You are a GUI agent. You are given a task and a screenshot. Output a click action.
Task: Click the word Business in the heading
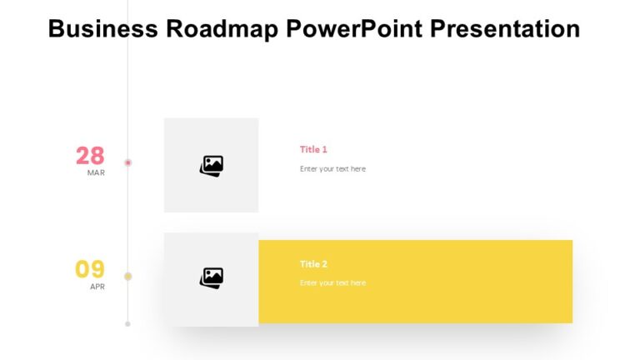click(103, 29)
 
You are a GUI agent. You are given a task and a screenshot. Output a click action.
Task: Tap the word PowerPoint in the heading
click(354, 29)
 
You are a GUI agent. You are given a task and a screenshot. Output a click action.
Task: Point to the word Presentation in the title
click(506, 29)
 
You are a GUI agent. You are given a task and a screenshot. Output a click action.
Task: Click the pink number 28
click(90, 156)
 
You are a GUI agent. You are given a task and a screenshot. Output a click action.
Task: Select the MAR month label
click(96, 173)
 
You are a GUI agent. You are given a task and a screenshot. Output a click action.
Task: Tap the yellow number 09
click(90, 269)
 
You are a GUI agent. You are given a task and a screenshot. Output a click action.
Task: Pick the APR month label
click(97, 287)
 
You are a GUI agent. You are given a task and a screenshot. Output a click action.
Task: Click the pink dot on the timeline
click(127, 162)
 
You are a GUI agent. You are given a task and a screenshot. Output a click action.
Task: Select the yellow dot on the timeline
click(127, 276)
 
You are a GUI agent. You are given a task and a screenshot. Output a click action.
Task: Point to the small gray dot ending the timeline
click(127, 323)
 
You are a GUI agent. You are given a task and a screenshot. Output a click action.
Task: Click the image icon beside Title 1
click(212, 166)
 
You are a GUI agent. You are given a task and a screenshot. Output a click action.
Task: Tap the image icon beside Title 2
click(212, 277)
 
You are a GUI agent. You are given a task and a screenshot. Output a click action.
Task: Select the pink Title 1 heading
click(313, 150)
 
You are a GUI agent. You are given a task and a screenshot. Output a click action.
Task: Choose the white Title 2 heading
click(313, 264)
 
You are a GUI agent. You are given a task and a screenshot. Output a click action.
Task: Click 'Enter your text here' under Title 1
click(332, 169)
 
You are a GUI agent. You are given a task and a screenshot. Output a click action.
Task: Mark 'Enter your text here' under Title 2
click(332, 283)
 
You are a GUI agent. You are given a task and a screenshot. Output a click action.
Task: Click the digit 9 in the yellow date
click(97, 269)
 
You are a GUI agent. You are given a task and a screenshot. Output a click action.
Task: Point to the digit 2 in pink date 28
click(82, 156)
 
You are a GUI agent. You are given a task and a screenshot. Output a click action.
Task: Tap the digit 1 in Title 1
click(324, 150)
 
